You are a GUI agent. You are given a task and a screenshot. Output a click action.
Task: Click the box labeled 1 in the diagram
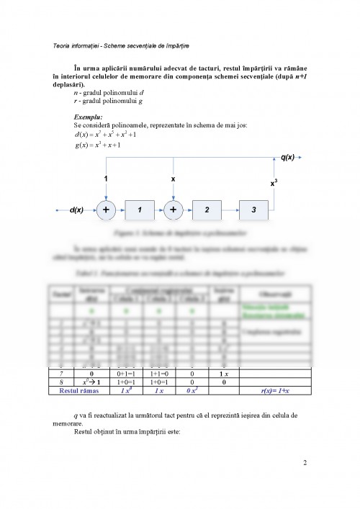click(x=140, y=210)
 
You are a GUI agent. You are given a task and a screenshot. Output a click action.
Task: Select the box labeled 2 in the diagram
click(x=207, y=210)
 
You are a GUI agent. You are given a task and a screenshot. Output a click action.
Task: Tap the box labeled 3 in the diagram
click(x=253, y=210)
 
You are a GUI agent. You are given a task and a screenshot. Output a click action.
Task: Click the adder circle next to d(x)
click(x=106, y=210)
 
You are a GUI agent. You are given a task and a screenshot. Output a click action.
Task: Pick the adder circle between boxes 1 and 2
click(x=173, y=210)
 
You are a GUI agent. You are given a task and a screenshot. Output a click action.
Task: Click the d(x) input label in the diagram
click(x=76, y=210)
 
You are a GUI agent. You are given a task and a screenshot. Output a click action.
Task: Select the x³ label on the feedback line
click(x=274, y=183)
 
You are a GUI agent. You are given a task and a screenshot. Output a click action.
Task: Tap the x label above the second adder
click(x=173, y=177)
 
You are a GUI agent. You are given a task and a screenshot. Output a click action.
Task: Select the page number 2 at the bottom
click(x=305, y=463)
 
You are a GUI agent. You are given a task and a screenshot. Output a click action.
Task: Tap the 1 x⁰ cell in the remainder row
click(x=126, y=391)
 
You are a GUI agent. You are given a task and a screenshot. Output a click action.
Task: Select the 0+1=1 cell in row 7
click(x=126, y=374)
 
